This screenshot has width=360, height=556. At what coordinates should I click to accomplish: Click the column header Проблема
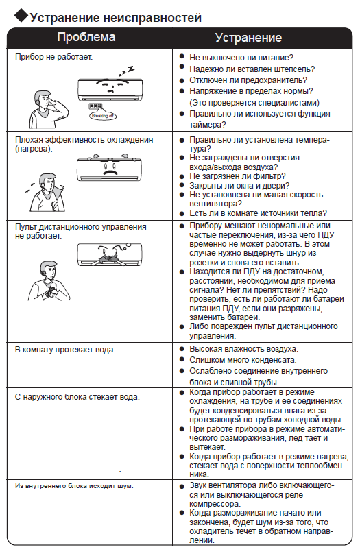click(x=86, y=37)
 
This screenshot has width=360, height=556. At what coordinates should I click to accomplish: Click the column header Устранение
click(x=248, y=38)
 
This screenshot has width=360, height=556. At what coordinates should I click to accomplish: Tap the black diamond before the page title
click(x=21, y=15)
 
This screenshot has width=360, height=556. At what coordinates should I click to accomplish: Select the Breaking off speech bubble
click(x=102, y=115)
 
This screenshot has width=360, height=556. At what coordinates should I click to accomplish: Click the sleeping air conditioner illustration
click(x=110, y=88)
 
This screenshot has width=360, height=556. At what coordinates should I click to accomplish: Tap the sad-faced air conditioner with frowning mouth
click(x=109, y=168)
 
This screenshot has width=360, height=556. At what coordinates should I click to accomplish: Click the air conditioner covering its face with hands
click(x=110, y=254)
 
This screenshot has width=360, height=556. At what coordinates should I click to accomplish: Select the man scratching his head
click(x=48, y=109)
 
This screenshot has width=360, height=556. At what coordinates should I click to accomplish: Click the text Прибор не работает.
click(x=54, y=57)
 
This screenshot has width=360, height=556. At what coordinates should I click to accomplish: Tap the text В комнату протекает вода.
click(x=65, y=350)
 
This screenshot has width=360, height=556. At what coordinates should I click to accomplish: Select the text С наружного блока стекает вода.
click(x=77, y=397)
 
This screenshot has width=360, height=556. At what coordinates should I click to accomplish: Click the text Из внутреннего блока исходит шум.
click(x=74, y=486)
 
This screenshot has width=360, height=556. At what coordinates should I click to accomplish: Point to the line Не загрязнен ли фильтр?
click(x=237, y=176)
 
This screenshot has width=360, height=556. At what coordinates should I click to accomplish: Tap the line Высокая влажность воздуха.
click(x=243, y=349)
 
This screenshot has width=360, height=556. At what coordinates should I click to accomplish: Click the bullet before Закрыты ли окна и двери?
click(x=182, y=185)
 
